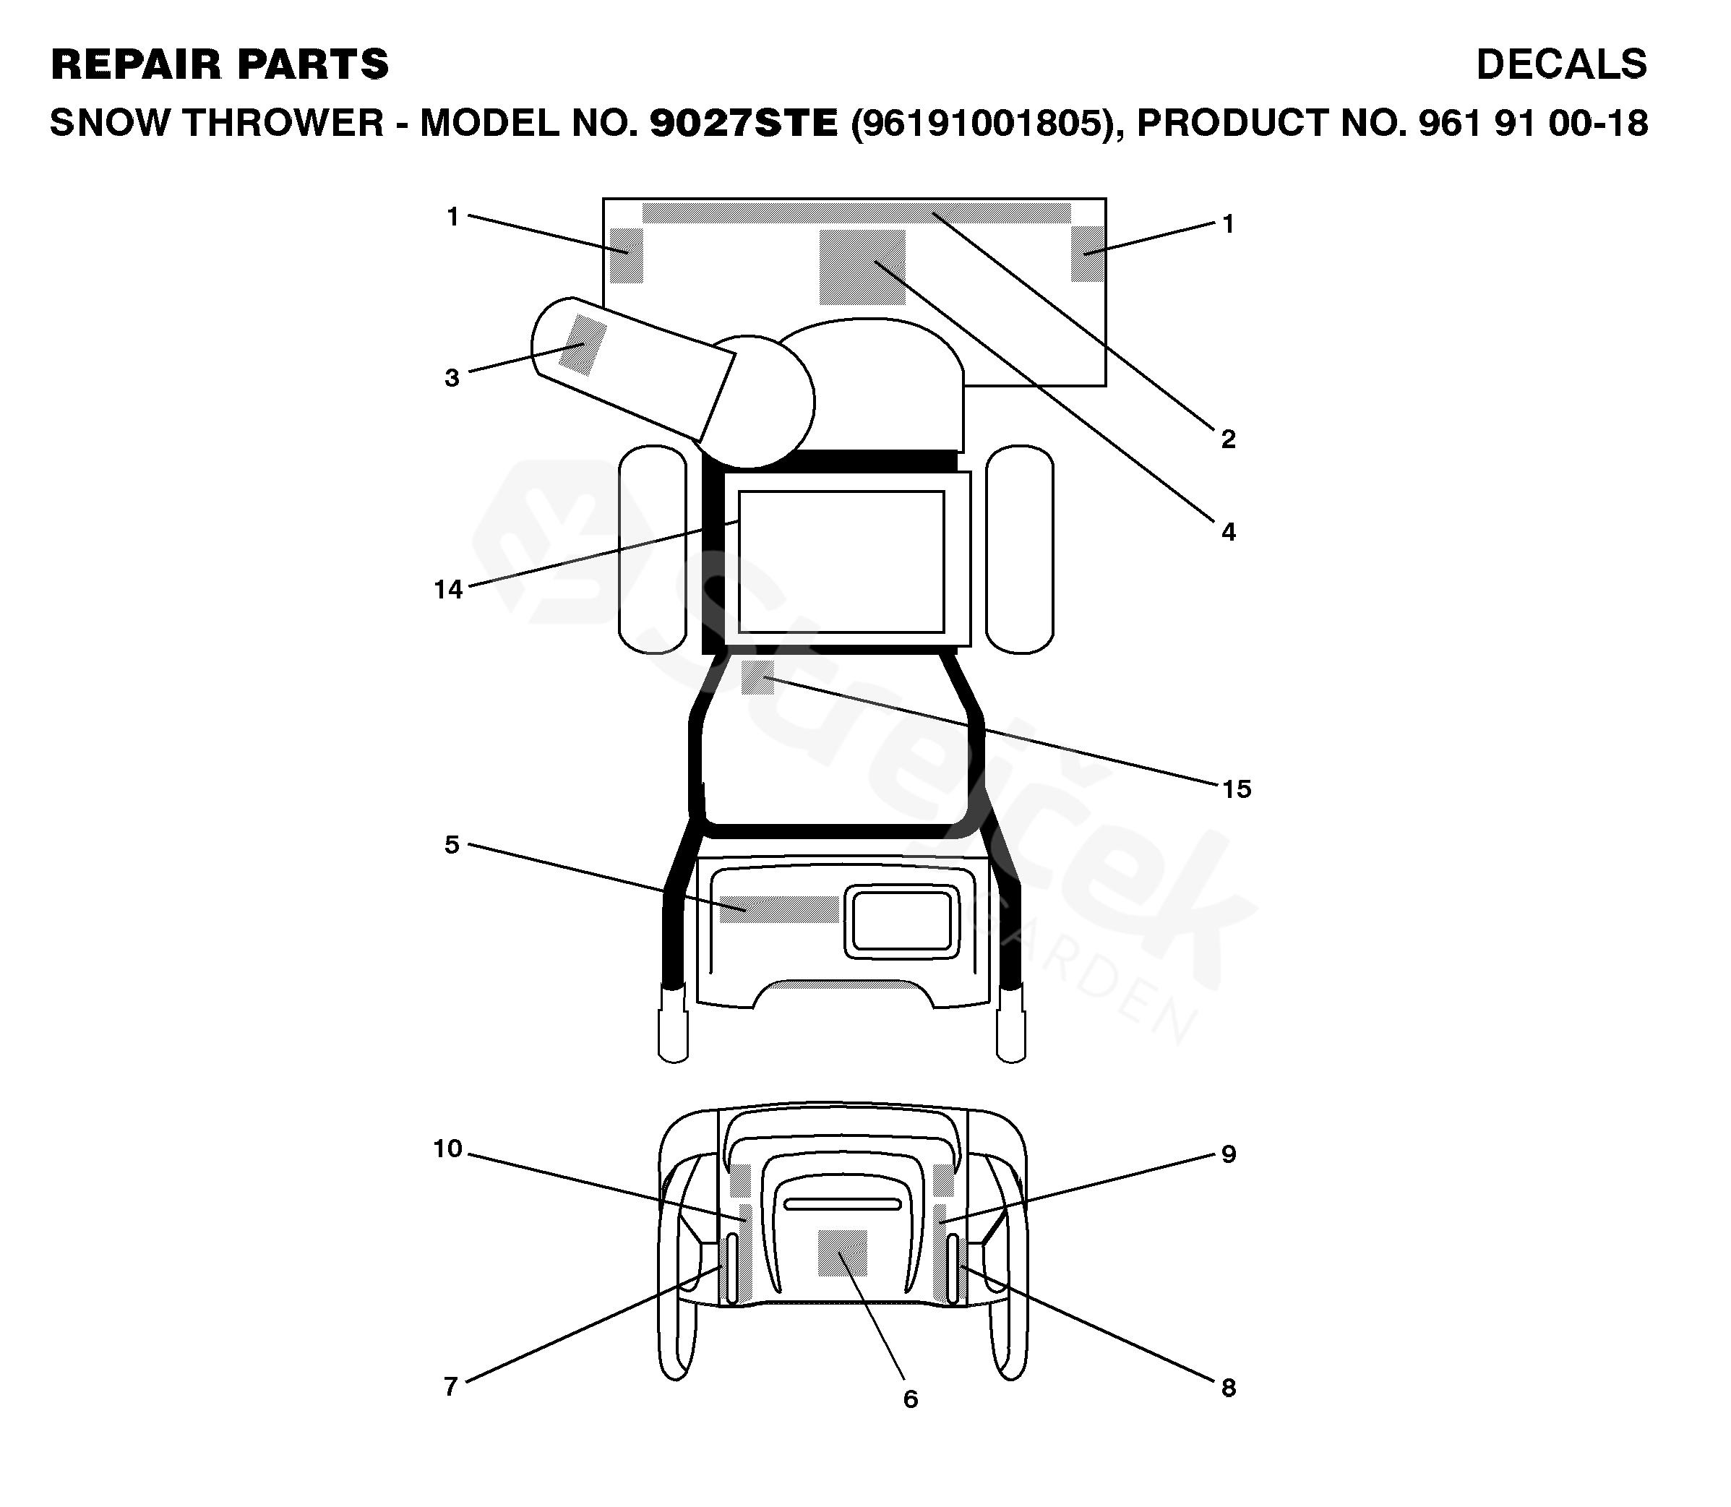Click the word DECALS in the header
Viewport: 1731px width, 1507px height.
[x=1561, y=65]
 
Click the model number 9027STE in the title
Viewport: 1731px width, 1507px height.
[x=743, y=124]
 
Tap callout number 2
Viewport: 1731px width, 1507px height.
[x=1227, y=439]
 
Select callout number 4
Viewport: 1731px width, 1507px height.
[x=1227, y=531]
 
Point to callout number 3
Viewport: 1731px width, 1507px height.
[x=452, y=377]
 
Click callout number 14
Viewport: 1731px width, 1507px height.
[x=448, y=590]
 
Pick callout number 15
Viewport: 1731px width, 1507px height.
[x=1236, y=789]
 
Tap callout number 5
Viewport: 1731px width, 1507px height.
[x=452, y=844]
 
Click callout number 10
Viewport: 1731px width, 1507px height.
[x=448, y=1149]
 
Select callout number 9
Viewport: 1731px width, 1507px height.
[x=1228, y=1154]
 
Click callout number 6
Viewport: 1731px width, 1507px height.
[x=910, y=1399]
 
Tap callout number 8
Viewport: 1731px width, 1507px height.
[x=1228, y=1388]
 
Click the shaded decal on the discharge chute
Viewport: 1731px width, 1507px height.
[x=583, y=345]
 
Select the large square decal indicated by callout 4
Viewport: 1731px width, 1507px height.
[x=862, y=267]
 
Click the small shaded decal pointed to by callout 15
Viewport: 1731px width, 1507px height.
[x=757, y=678]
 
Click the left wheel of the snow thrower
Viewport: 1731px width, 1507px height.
[x=653, y=549]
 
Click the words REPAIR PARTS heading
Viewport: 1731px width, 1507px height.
[x=220, y=65]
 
